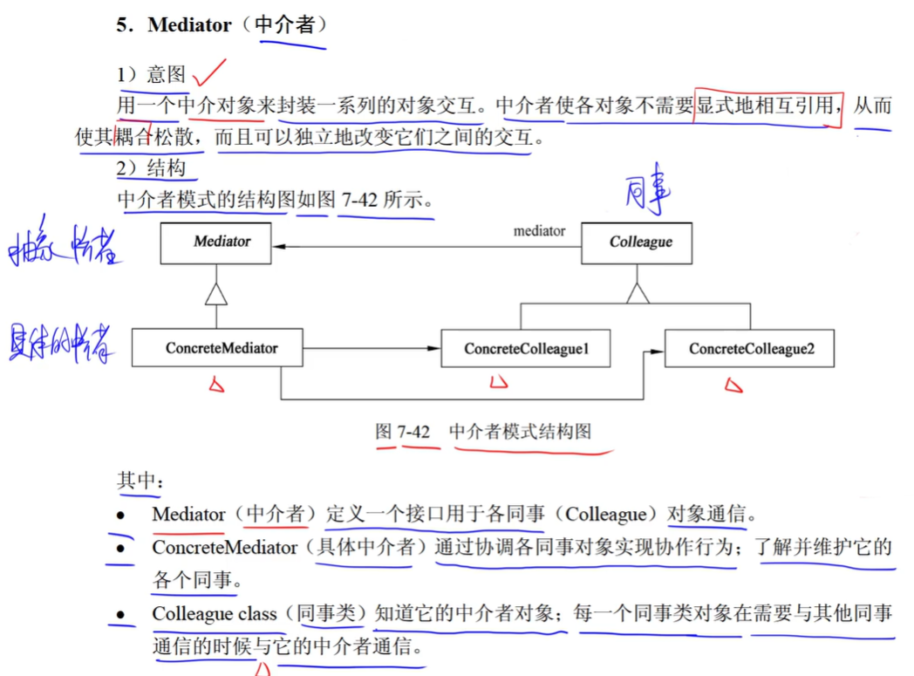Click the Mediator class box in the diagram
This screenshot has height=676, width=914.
point(215,242)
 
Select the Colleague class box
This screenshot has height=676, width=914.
point(638,242)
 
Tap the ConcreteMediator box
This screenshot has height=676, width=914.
point(217,348)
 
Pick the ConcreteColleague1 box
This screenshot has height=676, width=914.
point(526,349)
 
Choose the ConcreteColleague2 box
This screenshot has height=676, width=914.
point(749,349)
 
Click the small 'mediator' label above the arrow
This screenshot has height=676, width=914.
point(539,230)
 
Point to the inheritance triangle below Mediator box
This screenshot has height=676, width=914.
point(215,296)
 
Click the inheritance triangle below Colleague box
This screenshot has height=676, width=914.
point(638,294)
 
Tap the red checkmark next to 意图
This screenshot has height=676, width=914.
point(209,72)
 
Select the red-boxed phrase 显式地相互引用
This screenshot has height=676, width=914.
point(767,106)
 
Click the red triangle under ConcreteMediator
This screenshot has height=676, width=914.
point(216,385)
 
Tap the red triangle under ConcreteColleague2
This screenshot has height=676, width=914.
point(733,385)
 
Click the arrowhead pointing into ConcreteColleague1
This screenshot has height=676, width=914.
point(434,349)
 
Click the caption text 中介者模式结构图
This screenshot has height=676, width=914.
point(521,432)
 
